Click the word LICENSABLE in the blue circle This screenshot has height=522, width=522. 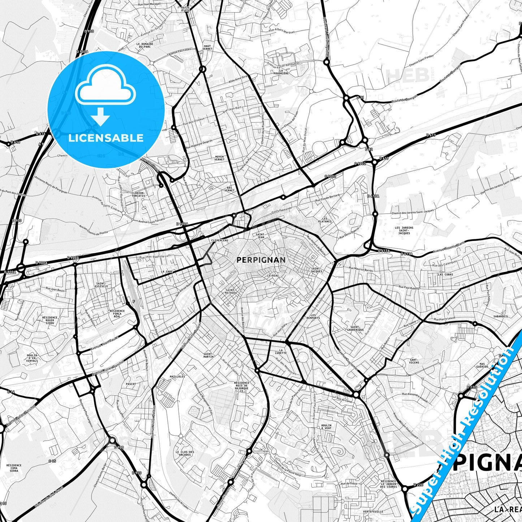(x=106, y=138)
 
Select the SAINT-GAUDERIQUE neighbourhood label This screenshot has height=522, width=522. (x=355, y=328)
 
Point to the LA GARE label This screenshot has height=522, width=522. (x=167, y=271)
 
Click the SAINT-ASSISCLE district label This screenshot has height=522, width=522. (x=101, y=285)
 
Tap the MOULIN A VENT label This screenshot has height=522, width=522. (x=326, y=427)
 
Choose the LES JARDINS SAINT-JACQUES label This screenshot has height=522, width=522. (x=404, y=230)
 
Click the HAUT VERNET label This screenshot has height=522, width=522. (x=207, y=47)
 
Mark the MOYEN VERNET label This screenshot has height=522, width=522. (x=219, y=158)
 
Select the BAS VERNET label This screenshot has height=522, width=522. (x=229, y=189)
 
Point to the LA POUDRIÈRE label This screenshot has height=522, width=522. (x=281, y=72)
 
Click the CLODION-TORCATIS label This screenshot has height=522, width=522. (x=138, y=194)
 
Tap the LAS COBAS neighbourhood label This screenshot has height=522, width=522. (x=445, y=275)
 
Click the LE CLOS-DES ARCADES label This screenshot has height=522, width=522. (x=185, y=453)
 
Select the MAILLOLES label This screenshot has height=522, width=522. (x=177, y=376)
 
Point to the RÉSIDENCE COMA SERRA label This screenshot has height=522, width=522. (x=14, y=468)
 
